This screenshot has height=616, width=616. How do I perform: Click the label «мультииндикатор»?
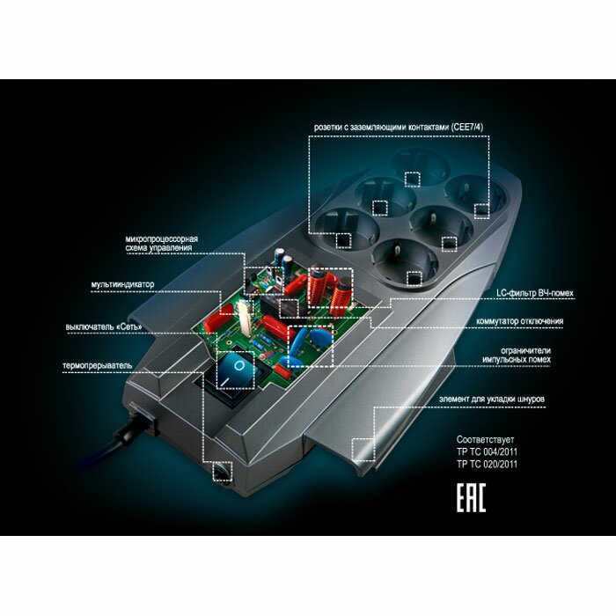pos(121,284)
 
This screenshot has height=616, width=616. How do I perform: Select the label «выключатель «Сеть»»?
pos(103,327)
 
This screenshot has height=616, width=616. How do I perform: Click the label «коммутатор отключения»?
pos(514,321)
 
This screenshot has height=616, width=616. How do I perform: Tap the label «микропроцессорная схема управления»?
pos(162,244)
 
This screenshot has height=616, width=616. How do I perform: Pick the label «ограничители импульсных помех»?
pos(514,354)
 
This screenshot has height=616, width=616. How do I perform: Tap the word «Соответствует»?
pos(485,439)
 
